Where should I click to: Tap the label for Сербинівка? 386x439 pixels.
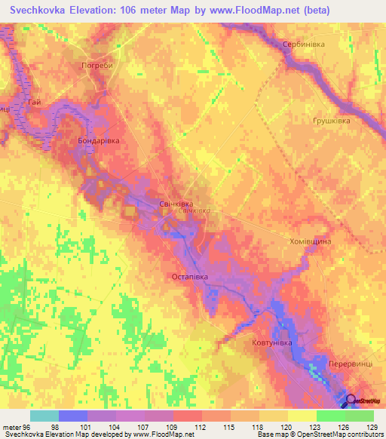click(302, 45)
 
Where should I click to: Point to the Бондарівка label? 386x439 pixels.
click(99, 141)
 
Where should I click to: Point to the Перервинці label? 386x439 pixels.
click(349, 364)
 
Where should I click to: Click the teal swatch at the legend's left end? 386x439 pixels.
click(44, 416)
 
